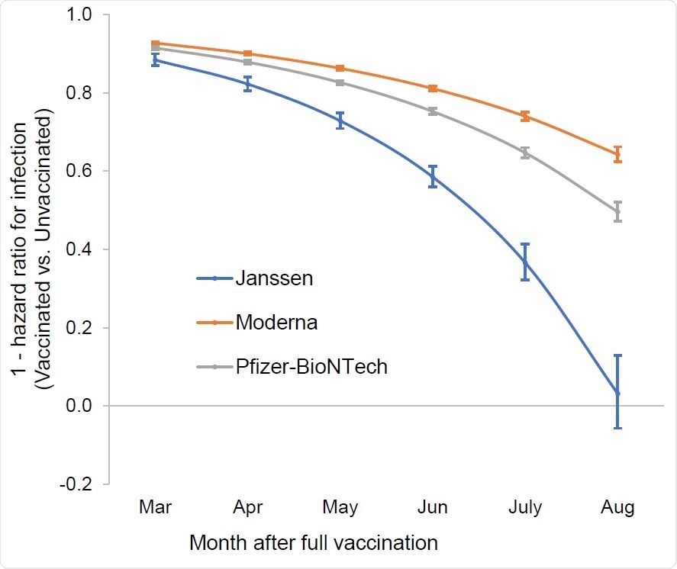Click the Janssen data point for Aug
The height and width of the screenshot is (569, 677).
(x=617, y=393)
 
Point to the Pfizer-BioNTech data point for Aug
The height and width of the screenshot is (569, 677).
(x=617, y=211)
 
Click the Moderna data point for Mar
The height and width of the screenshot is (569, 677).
(x=155, y=43)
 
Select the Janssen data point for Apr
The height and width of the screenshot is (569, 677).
(x=247, y=84)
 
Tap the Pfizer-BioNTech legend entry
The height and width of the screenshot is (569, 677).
(x=311, y=367)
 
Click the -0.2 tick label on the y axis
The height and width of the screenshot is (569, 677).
(x=74, y=484)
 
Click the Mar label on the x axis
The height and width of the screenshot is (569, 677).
(x=155, y=508)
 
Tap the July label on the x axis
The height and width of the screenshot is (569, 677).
(x=525, y=508)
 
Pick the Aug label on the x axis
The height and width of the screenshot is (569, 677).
(x=617, y=508)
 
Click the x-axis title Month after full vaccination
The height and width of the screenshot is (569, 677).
(x=313, y=543)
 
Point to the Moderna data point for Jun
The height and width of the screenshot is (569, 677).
(x=433, y=88)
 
